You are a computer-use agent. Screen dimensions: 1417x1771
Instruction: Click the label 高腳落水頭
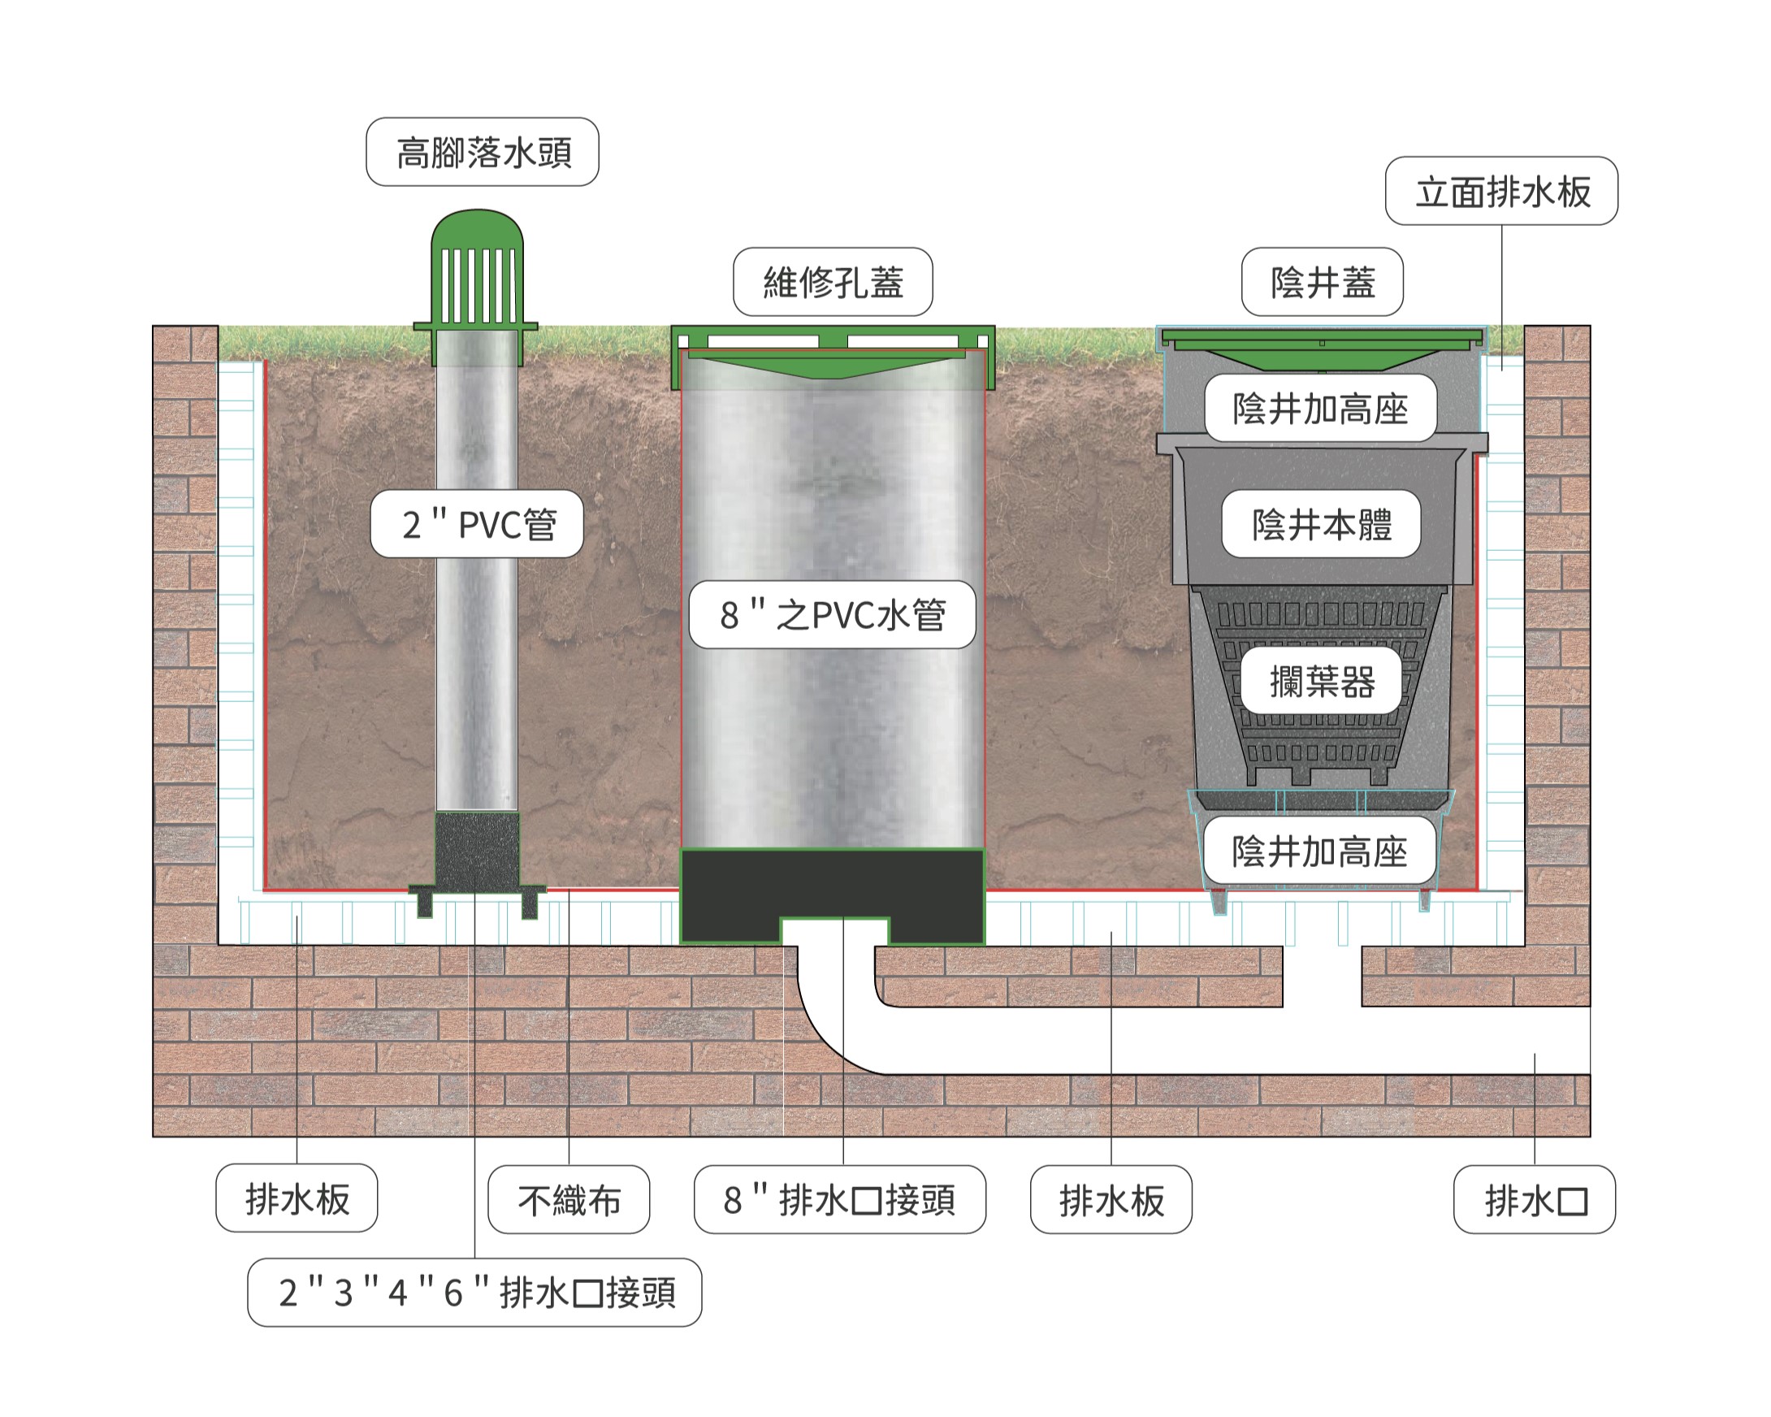483,153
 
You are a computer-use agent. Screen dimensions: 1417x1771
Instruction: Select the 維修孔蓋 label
832,282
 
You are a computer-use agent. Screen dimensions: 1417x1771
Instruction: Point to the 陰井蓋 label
1322,282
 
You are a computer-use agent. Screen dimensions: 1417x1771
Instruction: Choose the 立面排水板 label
1500,192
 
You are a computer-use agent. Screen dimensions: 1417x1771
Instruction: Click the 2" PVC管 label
477,524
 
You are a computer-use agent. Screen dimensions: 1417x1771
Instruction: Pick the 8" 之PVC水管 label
832,614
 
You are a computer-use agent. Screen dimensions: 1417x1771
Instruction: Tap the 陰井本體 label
1321,524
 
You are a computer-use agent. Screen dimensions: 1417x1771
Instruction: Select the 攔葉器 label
1321,681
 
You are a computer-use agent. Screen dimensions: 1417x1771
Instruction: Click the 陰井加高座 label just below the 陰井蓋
1320,408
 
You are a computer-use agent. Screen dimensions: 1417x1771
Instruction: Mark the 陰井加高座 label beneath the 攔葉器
1319,851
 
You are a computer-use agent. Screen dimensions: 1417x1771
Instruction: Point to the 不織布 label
569,1200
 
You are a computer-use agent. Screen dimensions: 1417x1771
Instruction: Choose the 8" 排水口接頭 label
839,1200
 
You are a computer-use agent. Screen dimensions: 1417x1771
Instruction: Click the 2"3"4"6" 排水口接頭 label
474,1292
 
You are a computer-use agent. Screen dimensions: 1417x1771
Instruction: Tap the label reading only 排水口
1534,1200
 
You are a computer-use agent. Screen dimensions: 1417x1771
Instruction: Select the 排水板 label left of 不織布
297,1198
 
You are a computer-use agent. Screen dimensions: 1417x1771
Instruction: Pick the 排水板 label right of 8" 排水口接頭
1111,1200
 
